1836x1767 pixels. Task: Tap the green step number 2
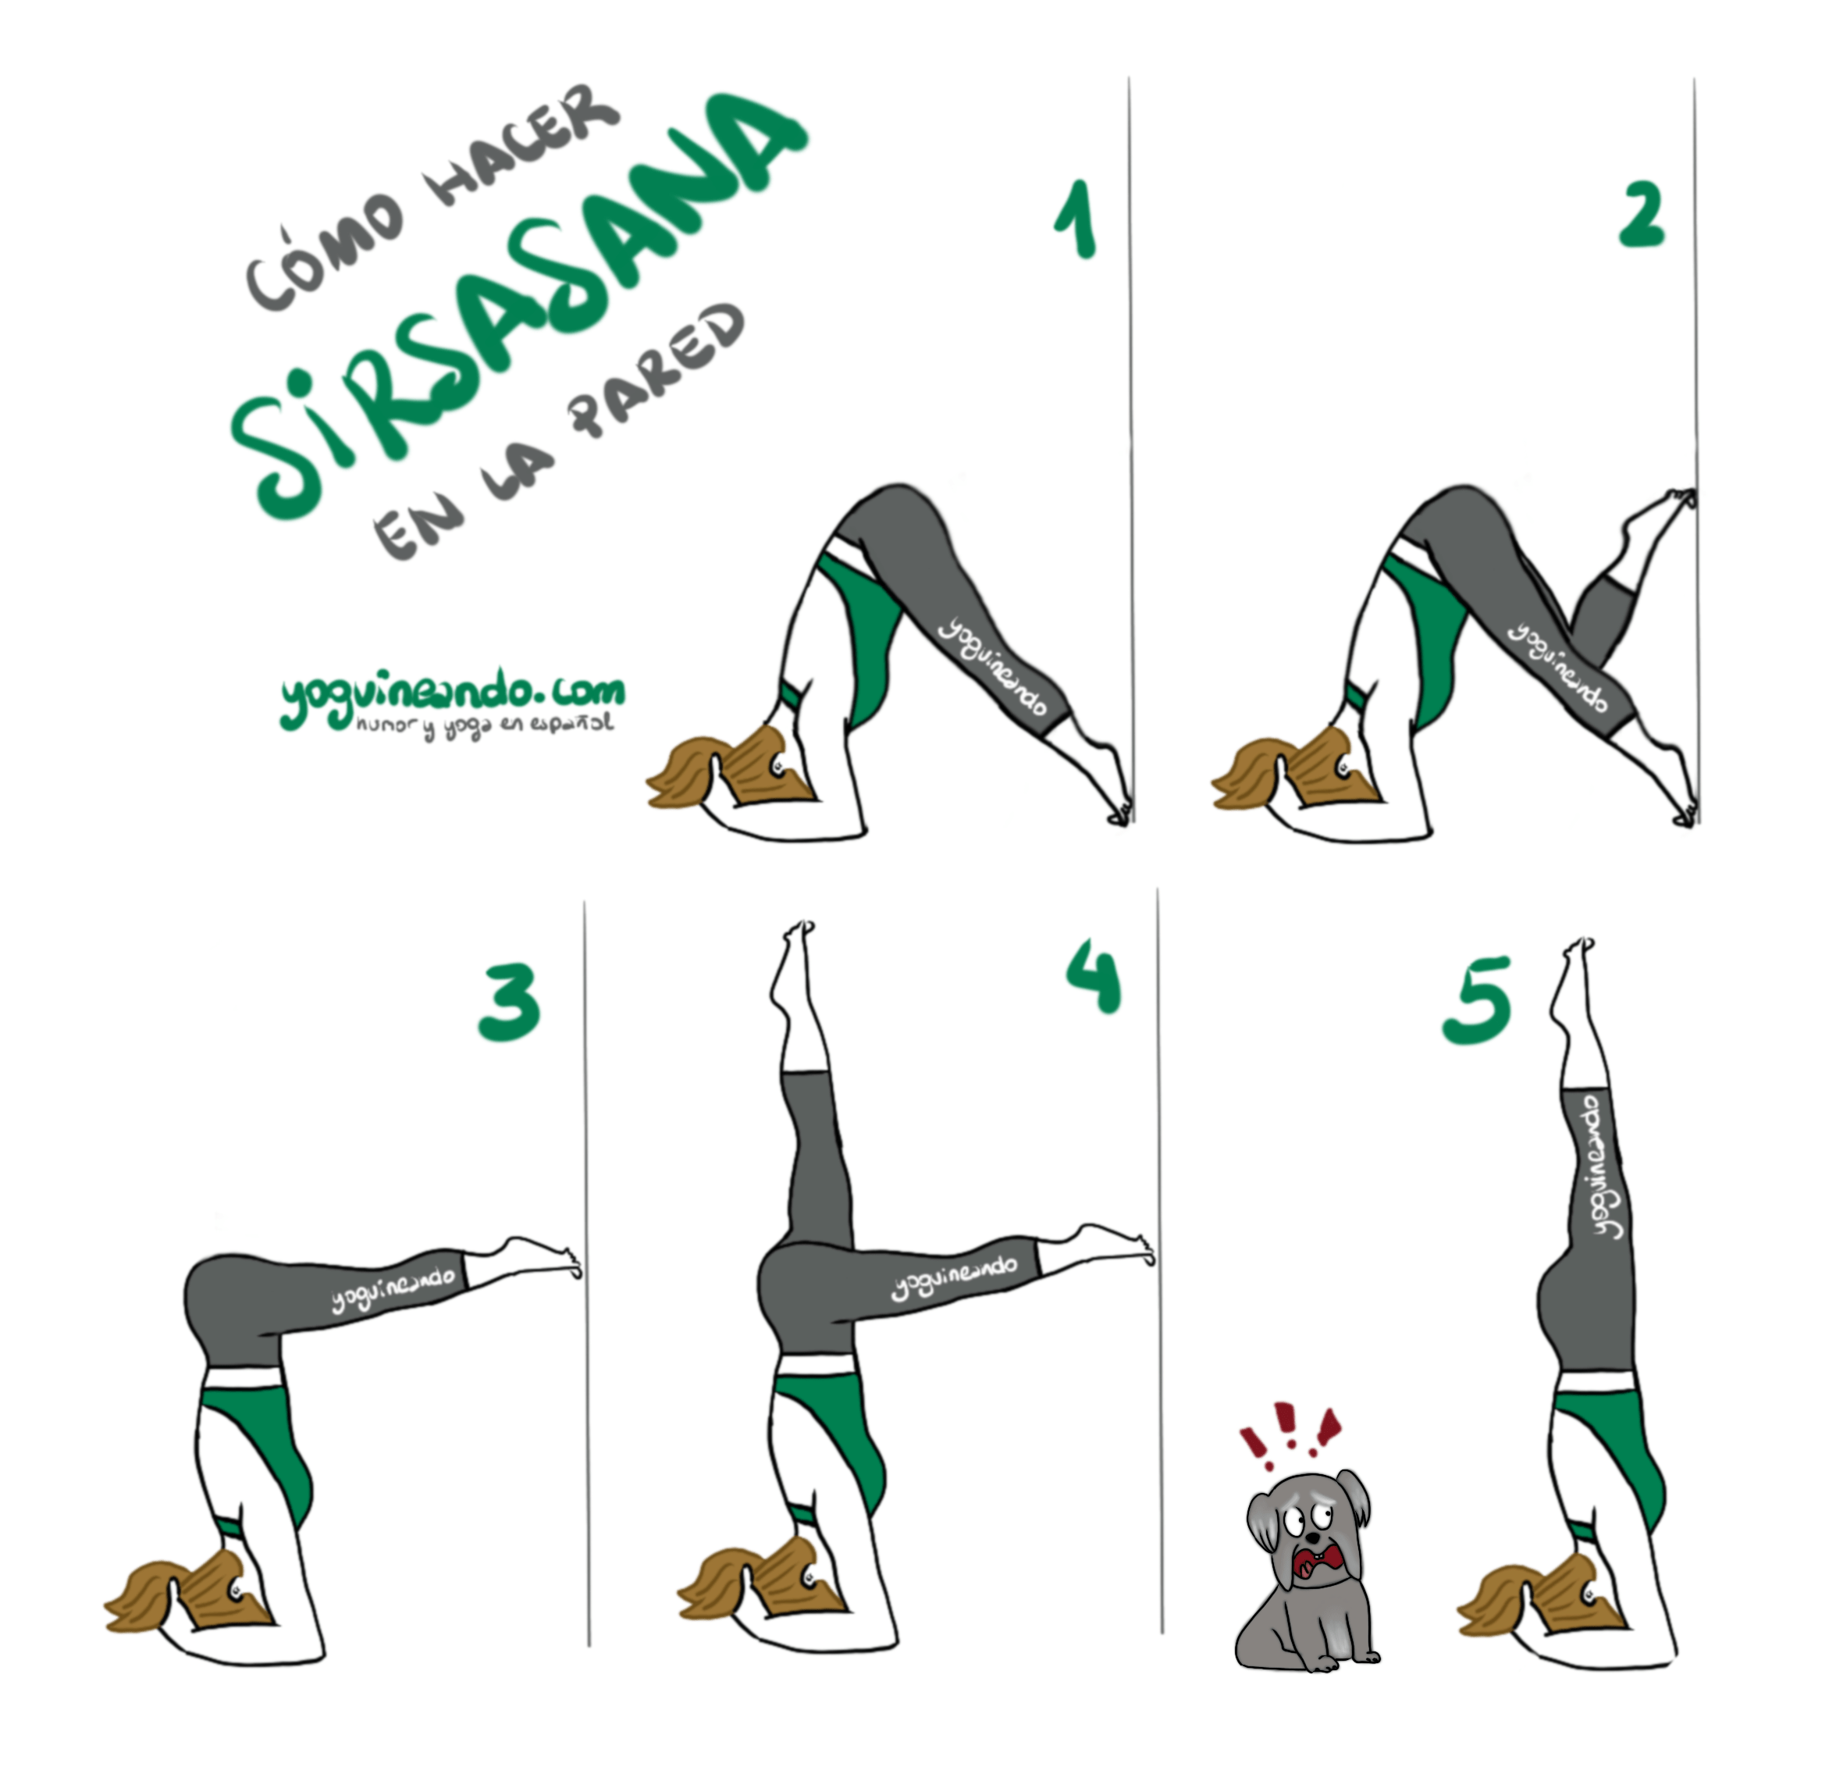1643,214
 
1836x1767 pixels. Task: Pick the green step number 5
1477,999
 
